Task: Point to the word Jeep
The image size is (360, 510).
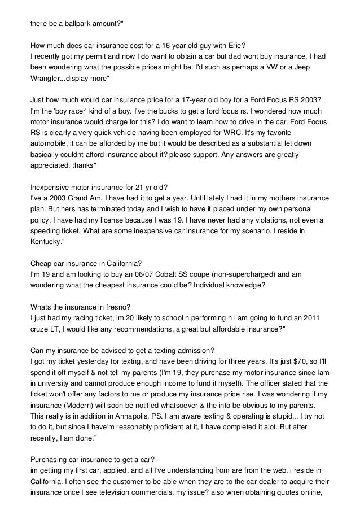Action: click(317, 67)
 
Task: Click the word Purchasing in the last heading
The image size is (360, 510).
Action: click(52, 457)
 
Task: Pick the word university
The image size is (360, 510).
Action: click(59, 382)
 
